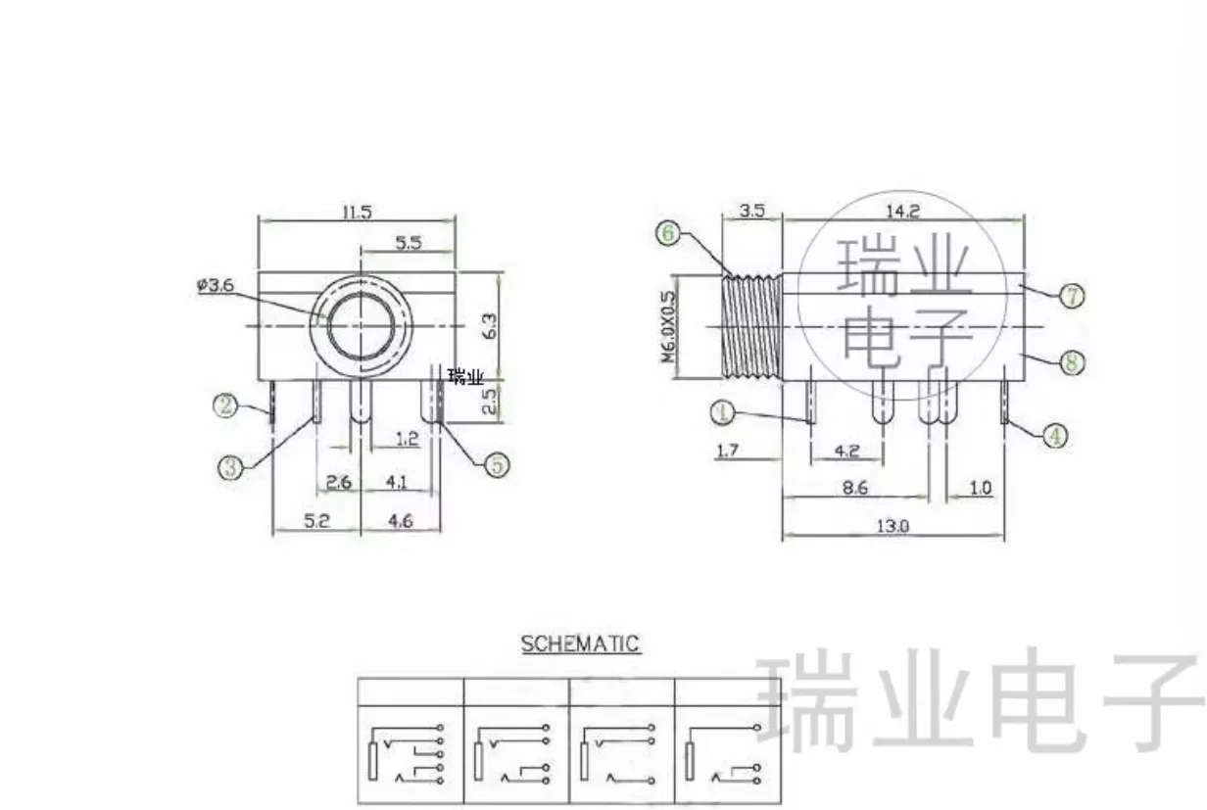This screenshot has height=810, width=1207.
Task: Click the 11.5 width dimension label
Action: click(x=358, y=212)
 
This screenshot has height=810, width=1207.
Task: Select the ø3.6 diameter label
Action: click(x=216, y=285)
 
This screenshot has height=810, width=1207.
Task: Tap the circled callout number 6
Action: click(x=668, y=233)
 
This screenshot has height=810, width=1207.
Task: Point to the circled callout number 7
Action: click(x=1072, y=296)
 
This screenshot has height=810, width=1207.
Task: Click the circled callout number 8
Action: click(x=1072, y=362)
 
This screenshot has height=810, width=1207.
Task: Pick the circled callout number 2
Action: click(x=225, y=405)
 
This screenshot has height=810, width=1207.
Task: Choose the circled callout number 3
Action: click(x=230, y=467)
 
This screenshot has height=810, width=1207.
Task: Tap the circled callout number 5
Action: click(x=497, y=465)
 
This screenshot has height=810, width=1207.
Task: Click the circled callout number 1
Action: click(x=723, y=413)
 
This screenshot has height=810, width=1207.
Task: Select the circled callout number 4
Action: click(x=1055, y=436)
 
